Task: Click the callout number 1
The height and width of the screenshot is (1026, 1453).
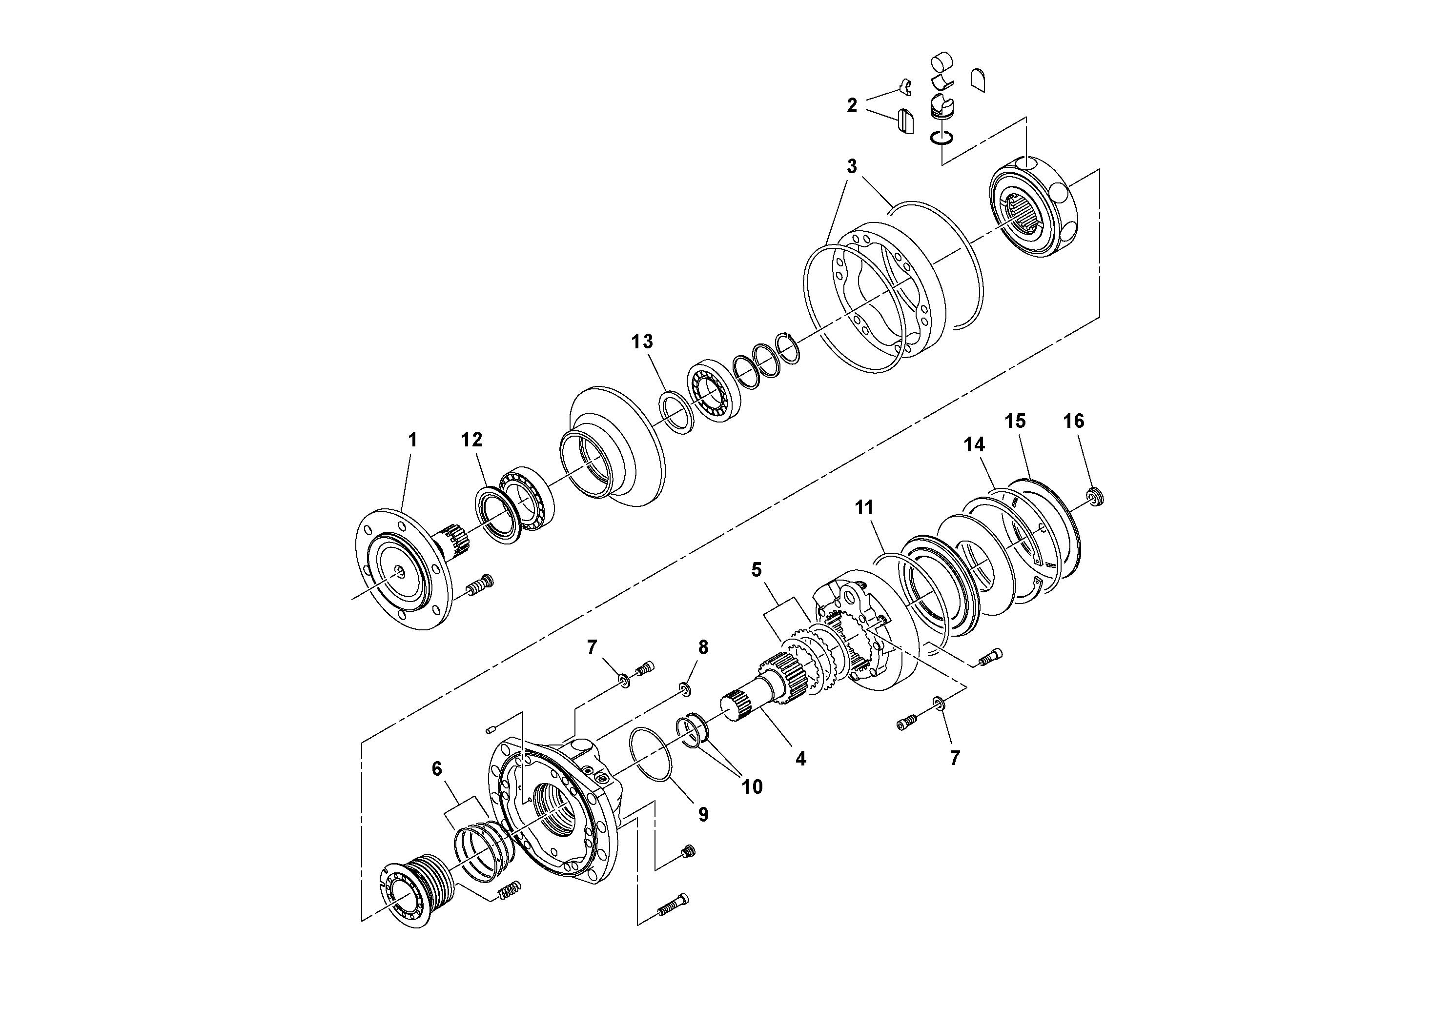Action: tap(412, 440)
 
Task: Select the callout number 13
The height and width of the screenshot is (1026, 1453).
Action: tap(642, 342)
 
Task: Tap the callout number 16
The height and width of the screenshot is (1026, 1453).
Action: tap(1074, 421)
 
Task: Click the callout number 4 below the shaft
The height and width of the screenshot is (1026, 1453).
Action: tap(800, 759)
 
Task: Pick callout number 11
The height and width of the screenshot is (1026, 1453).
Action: tap(864, 507)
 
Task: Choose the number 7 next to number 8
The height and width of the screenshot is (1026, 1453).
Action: tap(592, 647)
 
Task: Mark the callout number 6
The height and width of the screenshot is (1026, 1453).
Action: tap(437, 768)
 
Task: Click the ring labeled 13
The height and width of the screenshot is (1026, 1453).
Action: tap(676, 413)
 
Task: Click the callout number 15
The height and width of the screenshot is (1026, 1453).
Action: tap(1015, 421)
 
